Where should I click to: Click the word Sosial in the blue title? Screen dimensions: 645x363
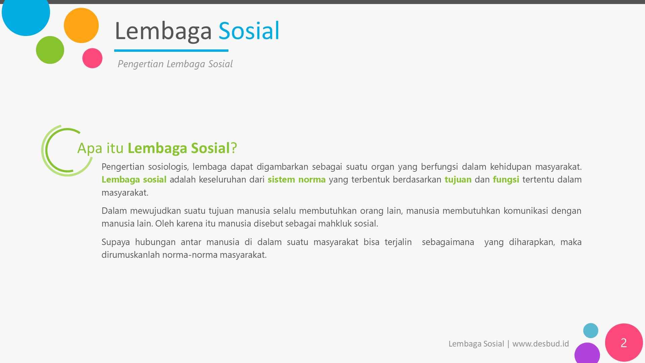click(249, 31)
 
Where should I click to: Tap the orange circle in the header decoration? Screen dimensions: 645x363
click(81, 26)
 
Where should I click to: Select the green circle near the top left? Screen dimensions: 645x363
click(50, 50)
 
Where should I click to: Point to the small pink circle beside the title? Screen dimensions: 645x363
click(92, 58)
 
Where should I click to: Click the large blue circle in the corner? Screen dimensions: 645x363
click(26, 13)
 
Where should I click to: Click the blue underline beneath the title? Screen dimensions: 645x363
click(171, 50)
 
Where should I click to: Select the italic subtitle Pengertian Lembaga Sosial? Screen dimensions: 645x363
click(175, 64)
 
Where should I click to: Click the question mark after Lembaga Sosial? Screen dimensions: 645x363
click(234, 148)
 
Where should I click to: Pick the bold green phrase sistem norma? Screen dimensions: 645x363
click(297, 179)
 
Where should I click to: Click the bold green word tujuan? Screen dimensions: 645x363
click(458, 180)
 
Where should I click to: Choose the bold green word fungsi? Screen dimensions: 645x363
click(506, 180)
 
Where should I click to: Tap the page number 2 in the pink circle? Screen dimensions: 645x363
click(624, 342)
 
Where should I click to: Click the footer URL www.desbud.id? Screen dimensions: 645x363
click(541, 344)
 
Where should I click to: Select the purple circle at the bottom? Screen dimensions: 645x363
click(587, 353)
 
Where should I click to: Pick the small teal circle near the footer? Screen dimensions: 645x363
click(591, 331)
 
